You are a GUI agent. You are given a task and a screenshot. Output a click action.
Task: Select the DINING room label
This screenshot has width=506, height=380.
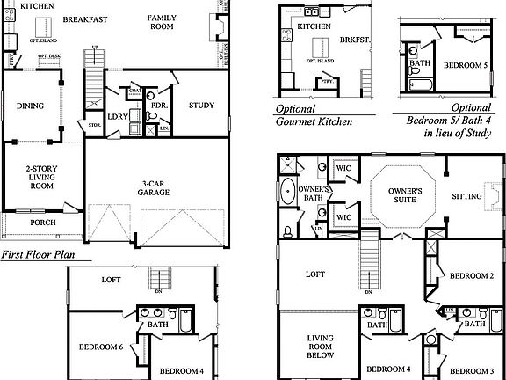[x=30, y=106]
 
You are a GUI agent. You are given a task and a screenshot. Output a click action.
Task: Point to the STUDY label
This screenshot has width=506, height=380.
[x=201, y=106]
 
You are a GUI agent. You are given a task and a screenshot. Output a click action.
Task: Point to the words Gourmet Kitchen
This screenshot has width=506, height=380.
[x=314, y=122]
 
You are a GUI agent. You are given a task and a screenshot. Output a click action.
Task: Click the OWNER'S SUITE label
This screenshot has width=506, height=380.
[x=405, y=195]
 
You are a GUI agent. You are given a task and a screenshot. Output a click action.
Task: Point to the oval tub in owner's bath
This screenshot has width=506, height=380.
[x=288, y=193]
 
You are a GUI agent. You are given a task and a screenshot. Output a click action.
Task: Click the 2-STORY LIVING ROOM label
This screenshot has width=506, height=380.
[x=41, y=177]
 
